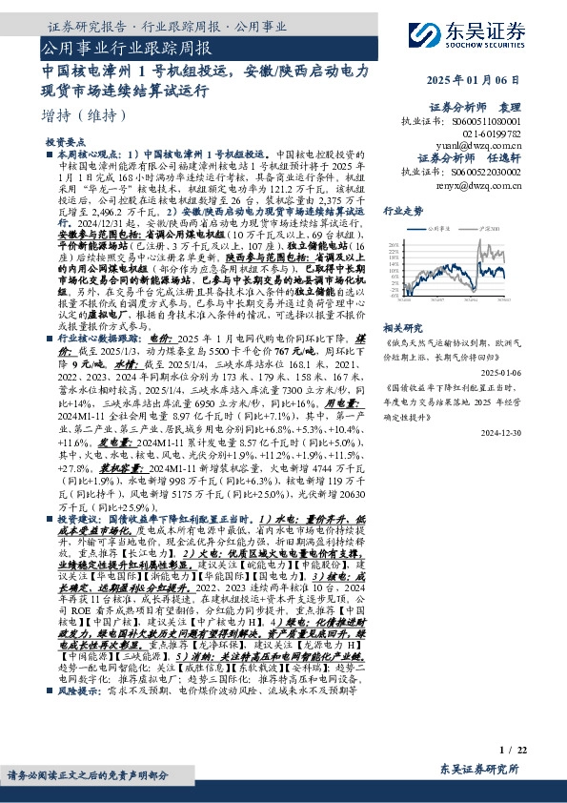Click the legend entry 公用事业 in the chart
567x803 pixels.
(x=440, y=230)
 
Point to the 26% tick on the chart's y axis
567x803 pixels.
(x=393, y=246)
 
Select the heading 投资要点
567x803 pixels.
(x=63, y=140)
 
